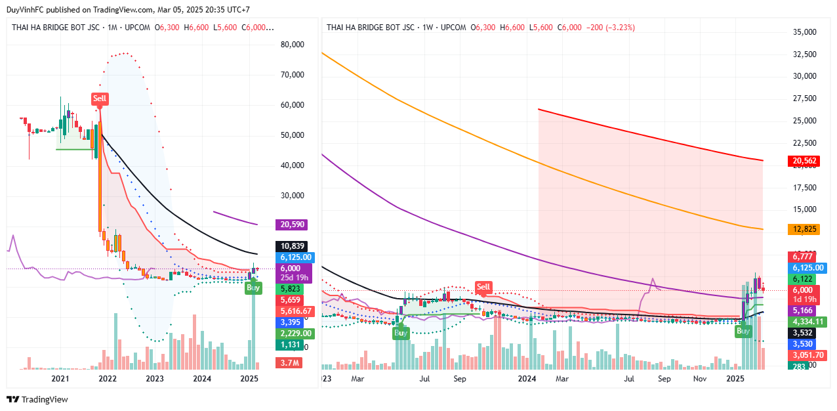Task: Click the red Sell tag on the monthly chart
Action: (x=99, y=98)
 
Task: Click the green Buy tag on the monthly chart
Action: (x=253, y=288)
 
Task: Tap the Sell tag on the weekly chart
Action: (x=483, y=287)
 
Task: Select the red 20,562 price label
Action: (x=804, y=160)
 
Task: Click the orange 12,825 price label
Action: (x=804, y=229)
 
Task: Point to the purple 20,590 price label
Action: (x=293, y=225)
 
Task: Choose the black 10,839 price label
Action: (x=293, y=246)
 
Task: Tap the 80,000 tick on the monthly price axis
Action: (x=292, y=45)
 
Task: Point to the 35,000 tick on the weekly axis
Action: (x=804, y=32)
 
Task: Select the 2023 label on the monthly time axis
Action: (x=155, y=379)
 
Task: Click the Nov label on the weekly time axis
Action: (x=700, y=379)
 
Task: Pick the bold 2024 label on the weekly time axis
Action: (x=527, y=379)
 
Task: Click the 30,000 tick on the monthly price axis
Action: (x=292, y=195)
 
